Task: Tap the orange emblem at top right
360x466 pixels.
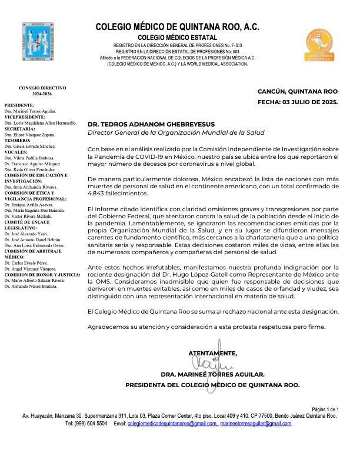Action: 320,45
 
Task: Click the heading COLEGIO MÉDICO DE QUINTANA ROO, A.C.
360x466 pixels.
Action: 177,27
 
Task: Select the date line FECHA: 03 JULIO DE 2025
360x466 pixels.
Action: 298,102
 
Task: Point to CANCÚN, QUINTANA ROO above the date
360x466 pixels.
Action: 298,91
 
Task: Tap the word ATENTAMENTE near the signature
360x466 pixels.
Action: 212,353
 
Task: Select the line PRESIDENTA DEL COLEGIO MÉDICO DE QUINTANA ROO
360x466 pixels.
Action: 212,385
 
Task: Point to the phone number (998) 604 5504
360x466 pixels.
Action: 92,423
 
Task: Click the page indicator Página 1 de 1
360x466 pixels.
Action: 325,409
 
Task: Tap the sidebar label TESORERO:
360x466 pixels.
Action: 18,140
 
